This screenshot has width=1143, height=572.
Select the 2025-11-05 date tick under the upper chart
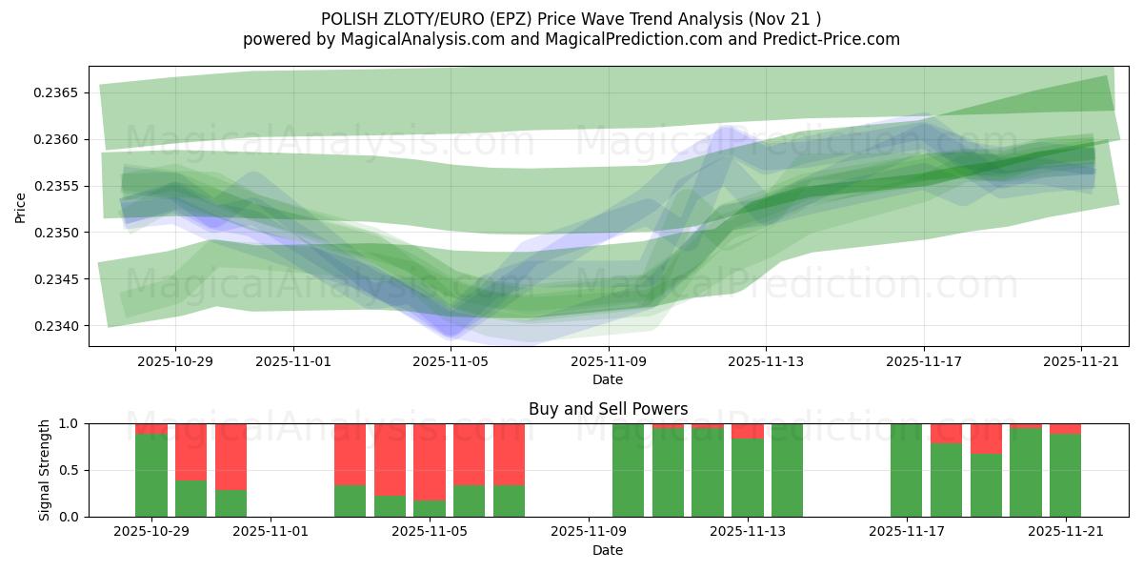[451, 361]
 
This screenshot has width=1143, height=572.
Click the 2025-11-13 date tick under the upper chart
[766, 361]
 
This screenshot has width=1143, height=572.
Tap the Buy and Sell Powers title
[608, 409]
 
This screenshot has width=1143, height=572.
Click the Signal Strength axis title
[44, 470]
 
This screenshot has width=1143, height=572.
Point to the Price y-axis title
[21, 206]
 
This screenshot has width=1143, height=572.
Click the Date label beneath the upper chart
[608, 379]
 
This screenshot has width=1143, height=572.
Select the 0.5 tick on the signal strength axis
[70, 470]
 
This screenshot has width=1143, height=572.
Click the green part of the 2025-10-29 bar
[151, 477]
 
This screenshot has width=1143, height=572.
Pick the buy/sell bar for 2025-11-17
[907, 470]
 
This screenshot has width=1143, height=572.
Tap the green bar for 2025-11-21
[1065, 477]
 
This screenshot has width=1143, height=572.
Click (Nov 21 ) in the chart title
[784, 18]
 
